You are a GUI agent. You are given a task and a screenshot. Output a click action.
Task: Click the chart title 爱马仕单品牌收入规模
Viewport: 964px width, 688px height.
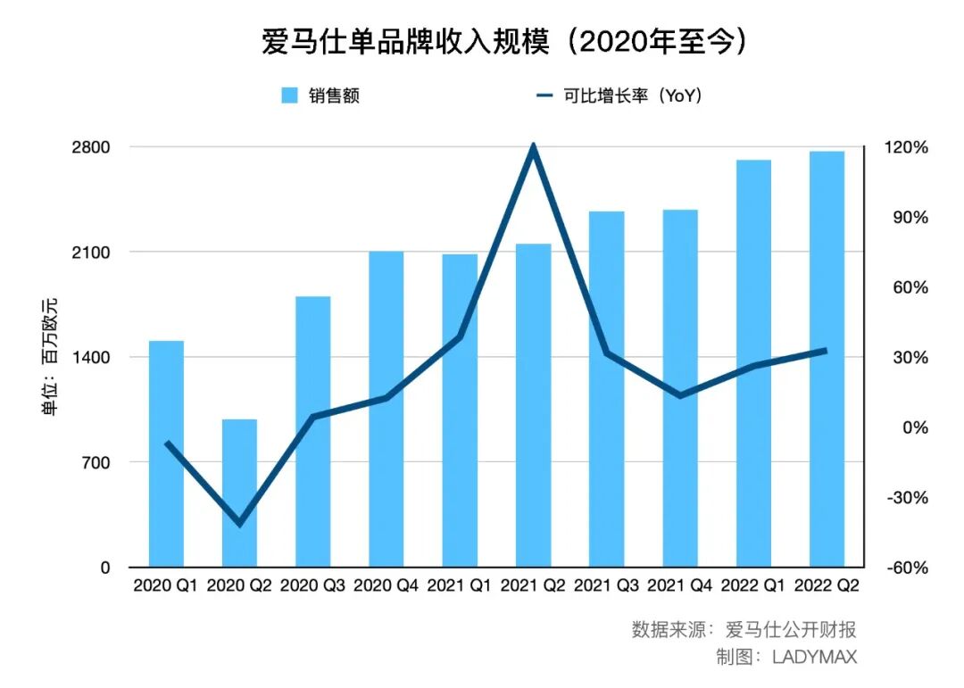[x=406, y=43]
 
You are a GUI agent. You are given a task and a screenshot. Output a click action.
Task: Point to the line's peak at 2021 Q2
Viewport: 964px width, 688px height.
[x=533, y=146]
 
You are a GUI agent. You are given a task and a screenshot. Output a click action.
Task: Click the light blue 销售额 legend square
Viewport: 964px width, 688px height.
[x=289, y=95]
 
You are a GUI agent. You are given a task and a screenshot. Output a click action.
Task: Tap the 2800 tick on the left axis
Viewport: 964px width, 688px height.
[x=92, y=147]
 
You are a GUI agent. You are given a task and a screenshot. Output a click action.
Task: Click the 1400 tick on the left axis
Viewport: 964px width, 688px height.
[x=92, y=357]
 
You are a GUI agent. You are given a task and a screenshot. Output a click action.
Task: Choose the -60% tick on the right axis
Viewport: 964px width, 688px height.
[x=905, y=568]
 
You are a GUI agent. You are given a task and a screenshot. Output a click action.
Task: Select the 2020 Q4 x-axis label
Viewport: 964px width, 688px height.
[x=386, y=586]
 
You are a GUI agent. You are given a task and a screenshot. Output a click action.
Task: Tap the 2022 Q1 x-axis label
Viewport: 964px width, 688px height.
[x=753, y=586]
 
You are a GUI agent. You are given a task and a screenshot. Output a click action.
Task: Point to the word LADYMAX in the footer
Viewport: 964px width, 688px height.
[x=814, y=658]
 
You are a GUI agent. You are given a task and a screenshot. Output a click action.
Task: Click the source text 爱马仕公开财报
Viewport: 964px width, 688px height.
[x=791, y=629]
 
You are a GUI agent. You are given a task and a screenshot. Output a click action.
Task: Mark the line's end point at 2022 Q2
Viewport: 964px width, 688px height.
[x=824, y=351]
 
